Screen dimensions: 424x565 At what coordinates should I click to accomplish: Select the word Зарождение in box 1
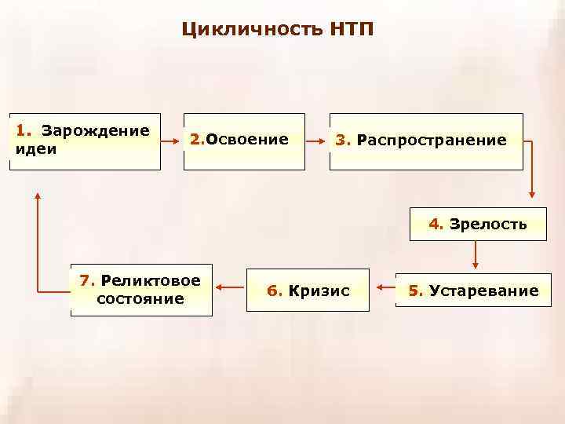(x=96, y=129)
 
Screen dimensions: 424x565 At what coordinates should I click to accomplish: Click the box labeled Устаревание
(x=472, y=291)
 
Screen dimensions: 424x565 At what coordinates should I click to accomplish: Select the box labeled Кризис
(x=307, y=291)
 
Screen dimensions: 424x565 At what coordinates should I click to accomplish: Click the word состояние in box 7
(x=140, y=299)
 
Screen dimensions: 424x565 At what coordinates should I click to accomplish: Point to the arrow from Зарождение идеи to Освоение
(x=171, y=142)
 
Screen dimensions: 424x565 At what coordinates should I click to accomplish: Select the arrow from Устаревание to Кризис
(x=384, y=288)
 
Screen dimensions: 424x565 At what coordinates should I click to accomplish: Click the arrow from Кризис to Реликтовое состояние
(x=229, y=288)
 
